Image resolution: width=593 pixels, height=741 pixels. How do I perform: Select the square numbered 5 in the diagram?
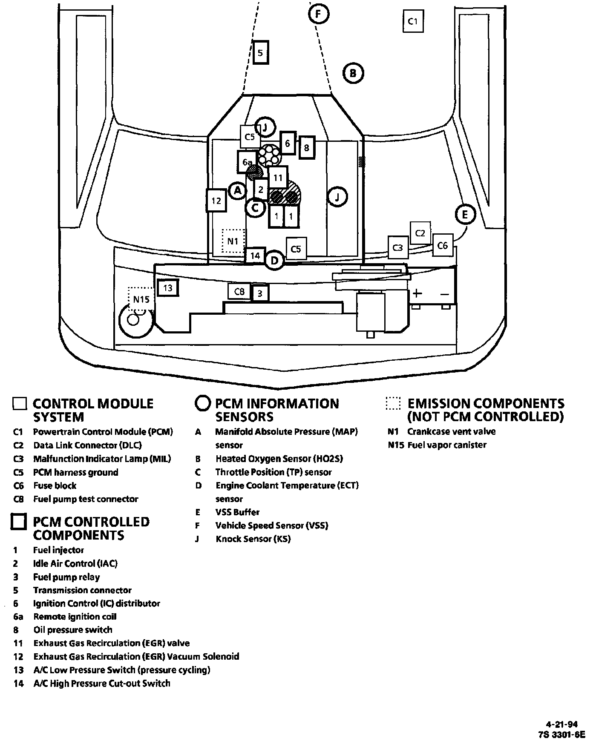pos(261,53)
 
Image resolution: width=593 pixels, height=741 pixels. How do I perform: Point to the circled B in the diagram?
pos(353,73)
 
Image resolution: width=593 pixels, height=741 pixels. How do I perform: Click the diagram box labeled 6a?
pos(247,162)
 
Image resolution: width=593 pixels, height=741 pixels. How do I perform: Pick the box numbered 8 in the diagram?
pos(307,147)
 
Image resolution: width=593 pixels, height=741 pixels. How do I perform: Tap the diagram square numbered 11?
pos(278,178)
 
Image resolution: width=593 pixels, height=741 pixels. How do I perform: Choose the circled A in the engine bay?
pos(238,191)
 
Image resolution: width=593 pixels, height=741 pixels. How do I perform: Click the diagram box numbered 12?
pos(216,200)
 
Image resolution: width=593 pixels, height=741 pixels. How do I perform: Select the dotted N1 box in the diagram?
pos(233,241)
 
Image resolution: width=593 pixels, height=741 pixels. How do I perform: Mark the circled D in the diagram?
pos(275,260)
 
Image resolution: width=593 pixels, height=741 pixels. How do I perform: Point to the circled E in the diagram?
pos(464,214)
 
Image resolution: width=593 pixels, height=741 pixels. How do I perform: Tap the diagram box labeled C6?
pos(443,245)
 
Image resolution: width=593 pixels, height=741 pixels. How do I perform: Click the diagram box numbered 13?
pos(167,288)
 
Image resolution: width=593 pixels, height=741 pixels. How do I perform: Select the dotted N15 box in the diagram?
pos(141,299)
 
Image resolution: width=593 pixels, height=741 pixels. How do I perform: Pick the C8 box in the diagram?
pos(239,291)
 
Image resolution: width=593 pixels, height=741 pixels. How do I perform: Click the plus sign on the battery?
pos(417,293)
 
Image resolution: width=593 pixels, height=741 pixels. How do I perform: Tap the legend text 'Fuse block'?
pos(55,485)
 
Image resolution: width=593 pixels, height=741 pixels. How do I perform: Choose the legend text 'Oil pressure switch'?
pos(73,629)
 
